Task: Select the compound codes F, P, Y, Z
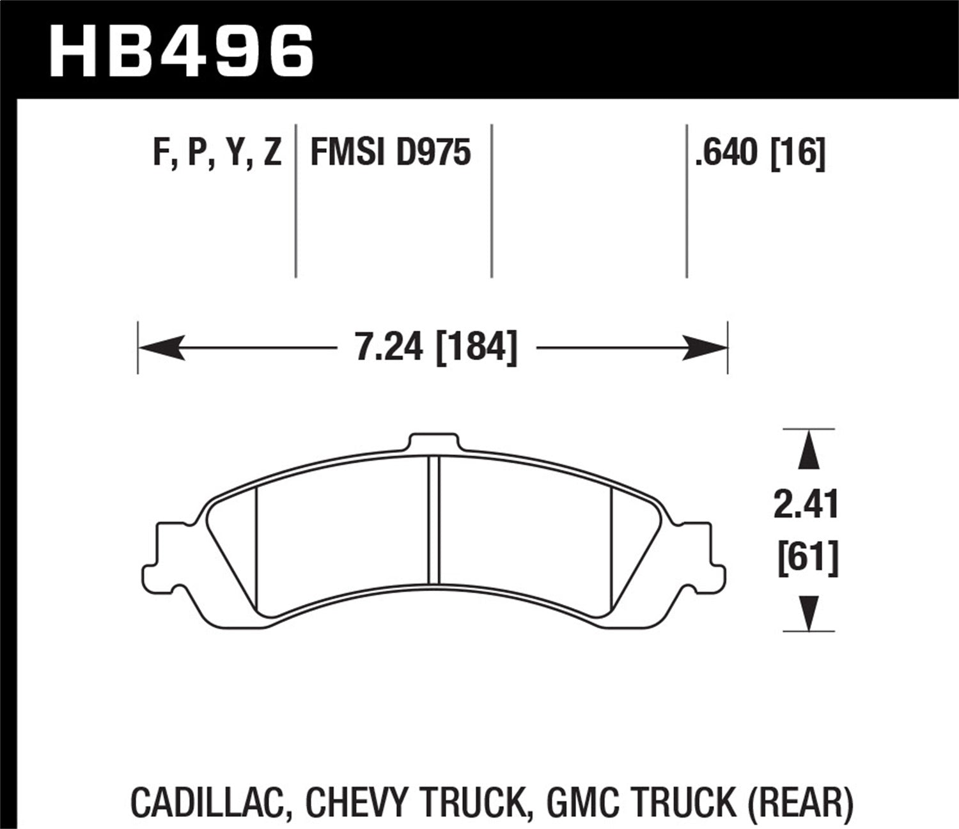click(217, 154)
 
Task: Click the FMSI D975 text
click(390, 154)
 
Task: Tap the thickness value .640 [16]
click(760, 154)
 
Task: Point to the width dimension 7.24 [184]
click(436, 349)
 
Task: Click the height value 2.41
click(806, 505)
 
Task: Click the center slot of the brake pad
click(434, 519)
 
